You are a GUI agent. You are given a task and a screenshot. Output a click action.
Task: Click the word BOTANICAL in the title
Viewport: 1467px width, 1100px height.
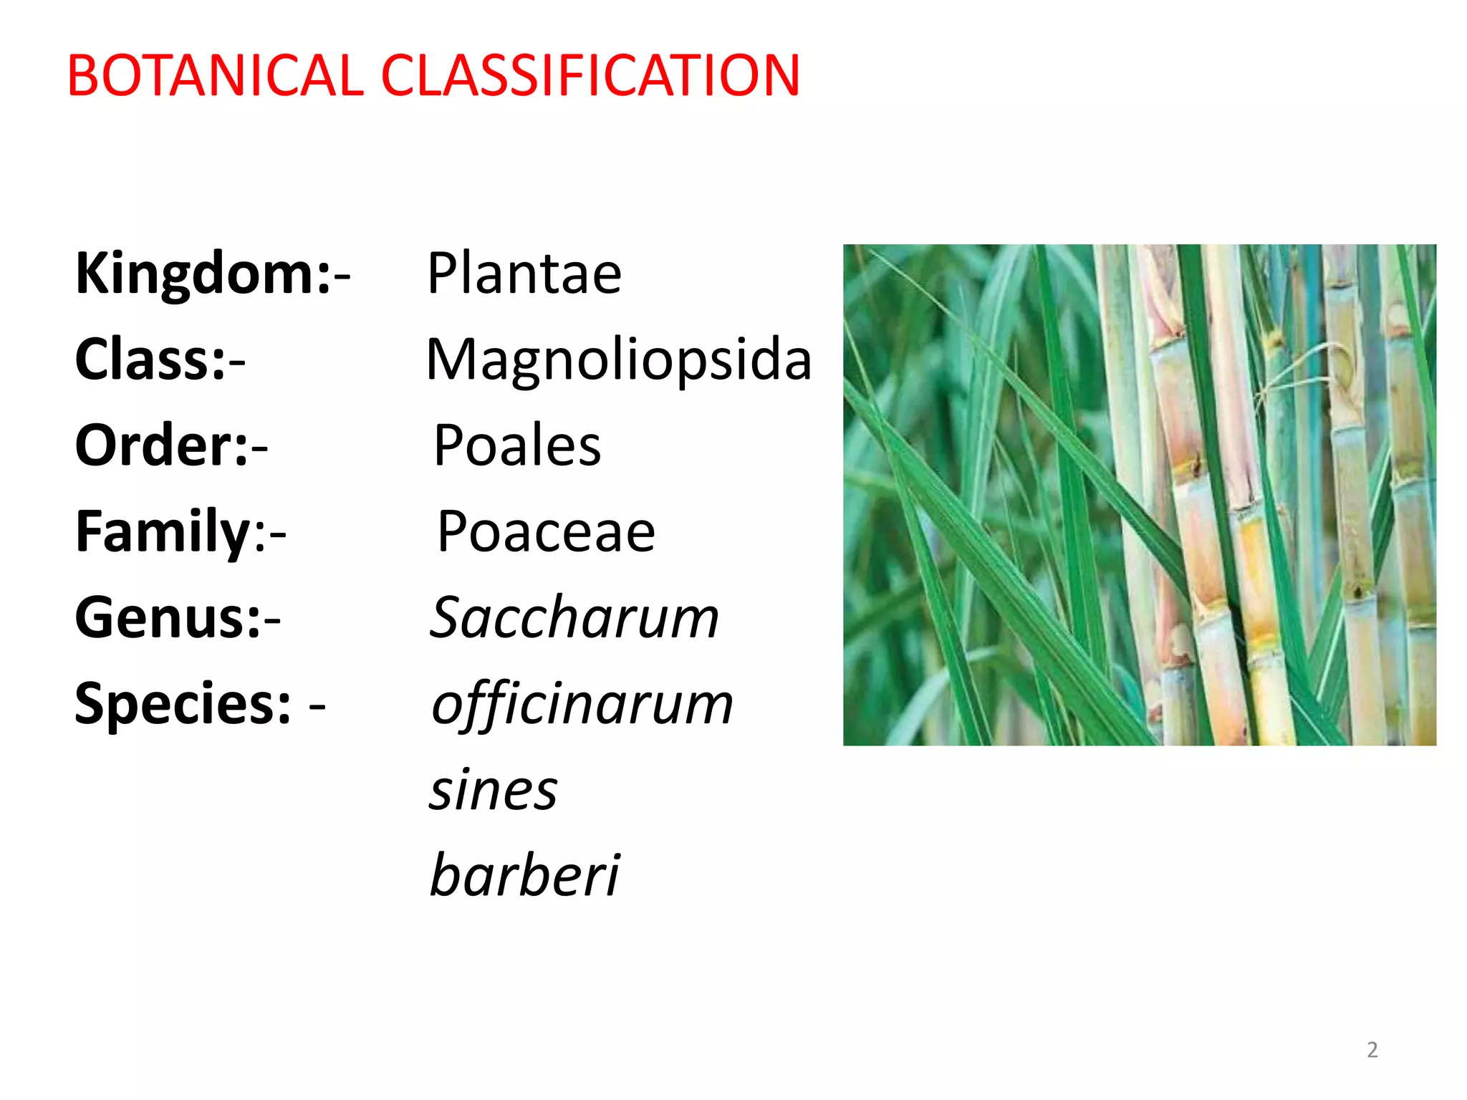215,76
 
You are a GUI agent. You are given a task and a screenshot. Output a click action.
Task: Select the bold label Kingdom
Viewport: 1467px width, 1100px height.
203,274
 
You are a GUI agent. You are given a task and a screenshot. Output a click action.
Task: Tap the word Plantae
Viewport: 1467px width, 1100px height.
524,274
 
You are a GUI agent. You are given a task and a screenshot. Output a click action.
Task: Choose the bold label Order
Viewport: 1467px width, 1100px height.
162,445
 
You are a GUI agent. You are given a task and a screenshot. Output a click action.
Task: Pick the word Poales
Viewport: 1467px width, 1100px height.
517,445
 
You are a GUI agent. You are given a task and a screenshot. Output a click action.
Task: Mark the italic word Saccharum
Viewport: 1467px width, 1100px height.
574,617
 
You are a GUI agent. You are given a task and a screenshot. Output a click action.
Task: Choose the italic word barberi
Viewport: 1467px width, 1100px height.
524,875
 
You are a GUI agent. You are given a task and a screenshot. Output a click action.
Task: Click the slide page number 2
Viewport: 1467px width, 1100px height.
1372,1050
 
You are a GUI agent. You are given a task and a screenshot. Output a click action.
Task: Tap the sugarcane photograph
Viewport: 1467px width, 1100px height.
1139,494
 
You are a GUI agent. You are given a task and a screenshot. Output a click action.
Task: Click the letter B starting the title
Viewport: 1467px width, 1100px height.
84,76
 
